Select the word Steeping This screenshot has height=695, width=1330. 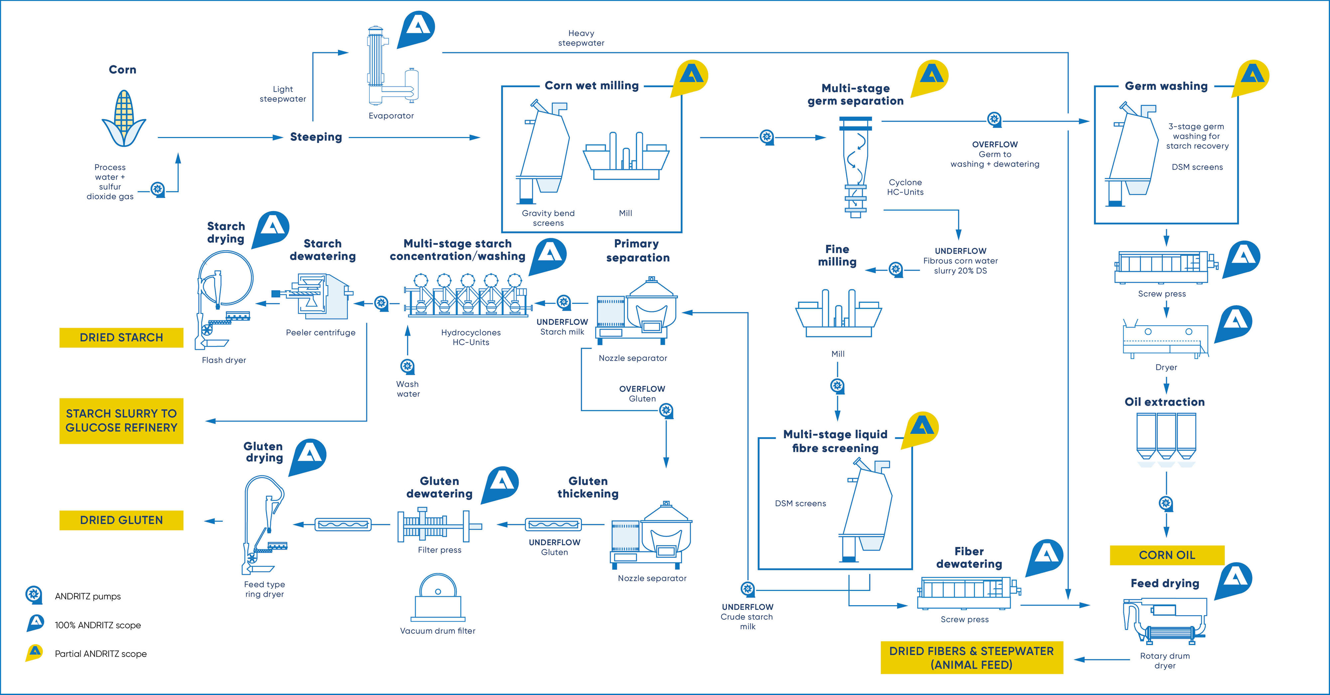click(316, 137)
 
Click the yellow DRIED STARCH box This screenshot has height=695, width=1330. click(121, 337)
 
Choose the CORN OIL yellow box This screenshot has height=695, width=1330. click(1167, 555)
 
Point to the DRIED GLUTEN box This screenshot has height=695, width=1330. click(121, 520)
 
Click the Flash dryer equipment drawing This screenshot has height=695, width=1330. click(222, 300)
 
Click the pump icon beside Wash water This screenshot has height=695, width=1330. click(407, 366)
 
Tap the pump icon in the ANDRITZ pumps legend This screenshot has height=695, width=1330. click(34, 595)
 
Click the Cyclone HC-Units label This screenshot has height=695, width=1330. click(905, 187)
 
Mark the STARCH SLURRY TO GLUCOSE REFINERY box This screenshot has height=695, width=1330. click(121, 421)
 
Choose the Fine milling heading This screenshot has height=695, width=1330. click(837, 255)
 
